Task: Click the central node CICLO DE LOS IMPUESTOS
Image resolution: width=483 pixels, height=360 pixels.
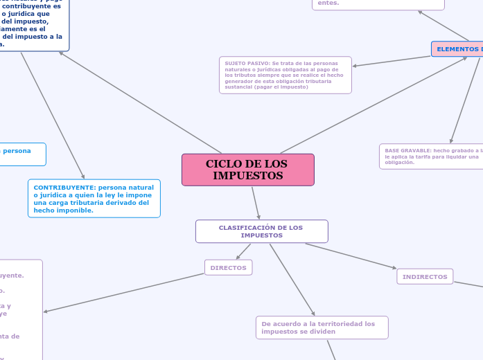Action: (x=247, y=170)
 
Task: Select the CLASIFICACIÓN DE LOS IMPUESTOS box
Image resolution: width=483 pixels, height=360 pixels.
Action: (x=261, y=231)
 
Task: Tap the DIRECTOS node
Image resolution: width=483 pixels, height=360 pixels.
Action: (x=228, y=267)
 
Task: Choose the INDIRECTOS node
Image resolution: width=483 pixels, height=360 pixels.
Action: (x=425, y=276)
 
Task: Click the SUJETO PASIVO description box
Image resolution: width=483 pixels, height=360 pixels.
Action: (x=285, y=75)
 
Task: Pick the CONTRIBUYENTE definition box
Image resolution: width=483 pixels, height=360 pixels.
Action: (x=94, y=199)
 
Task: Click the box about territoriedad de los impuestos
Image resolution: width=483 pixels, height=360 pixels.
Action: (x=322, y=327)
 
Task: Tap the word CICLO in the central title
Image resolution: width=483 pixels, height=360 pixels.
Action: (x=222, y=164)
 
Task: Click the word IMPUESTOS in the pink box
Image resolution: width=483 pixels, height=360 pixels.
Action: (x=247, y=176)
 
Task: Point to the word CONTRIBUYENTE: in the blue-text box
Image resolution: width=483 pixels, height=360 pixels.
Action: (x=64, y=188)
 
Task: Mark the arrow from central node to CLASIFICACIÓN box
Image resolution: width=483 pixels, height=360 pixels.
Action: (x=255, y=202)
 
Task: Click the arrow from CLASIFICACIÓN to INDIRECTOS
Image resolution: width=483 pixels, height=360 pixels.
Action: (x=351, y=255)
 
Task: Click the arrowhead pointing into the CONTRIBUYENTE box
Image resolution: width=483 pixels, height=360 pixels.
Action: (x=82, y=176)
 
